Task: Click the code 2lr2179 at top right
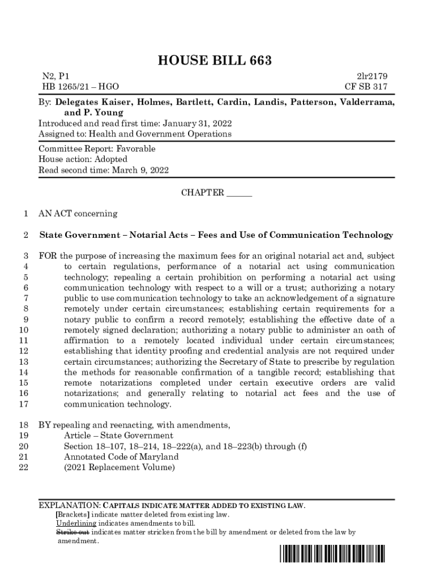tap(371, 76)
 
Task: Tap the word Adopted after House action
tap(111, 159)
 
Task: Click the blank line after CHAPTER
tap(239, 193)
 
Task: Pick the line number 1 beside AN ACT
tap(25, 214)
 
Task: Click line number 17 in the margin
tap(24, 404)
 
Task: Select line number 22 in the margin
tap(24, 468)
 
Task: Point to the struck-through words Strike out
tap(72, 532)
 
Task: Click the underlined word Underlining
tap(76, 523)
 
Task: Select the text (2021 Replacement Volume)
tap(119, 468)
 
